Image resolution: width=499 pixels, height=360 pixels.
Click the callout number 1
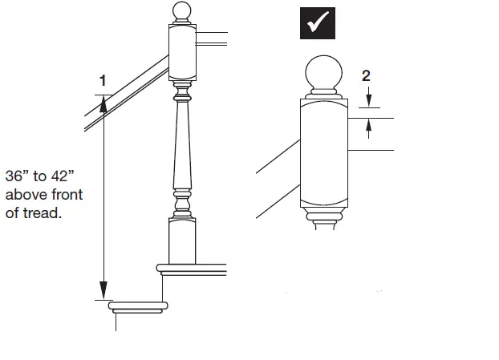click(x=102, y=80)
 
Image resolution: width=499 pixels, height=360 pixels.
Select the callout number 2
click(x=366, y=76)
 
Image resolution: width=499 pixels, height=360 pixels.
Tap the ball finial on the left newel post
click(x=181, y=12)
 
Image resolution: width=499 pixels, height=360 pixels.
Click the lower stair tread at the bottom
click(x=140, y=306)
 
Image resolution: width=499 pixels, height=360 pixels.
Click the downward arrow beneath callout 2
click(x=367, y=100)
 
